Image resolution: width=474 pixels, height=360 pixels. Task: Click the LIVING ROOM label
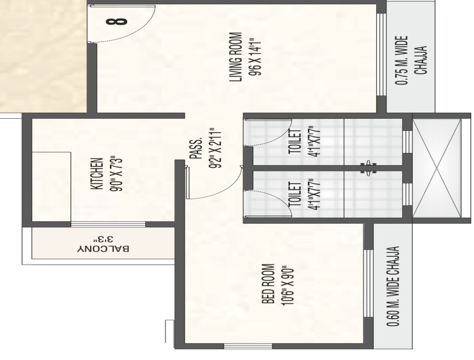point(236,57)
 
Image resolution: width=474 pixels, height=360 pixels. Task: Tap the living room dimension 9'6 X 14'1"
point(254,56)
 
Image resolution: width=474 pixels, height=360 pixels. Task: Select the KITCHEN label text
point(97,173)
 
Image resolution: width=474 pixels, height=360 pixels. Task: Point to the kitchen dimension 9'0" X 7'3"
point(116,173)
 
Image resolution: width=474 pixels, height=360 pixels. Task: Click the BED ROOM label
point(268,284)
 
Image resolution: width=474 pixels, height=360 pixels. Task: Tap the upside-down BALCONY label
point(103,249)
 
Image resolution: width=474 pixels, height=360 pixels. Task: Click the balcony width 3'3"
point(103,239)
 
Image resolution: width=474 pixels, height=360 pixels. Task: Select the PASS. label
point(195,148)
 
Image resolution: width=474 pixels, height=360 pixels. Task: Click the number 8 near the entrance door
point(116,22)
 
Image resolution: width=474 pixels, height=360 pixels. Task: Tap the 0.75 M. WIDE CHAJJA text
point(411,60)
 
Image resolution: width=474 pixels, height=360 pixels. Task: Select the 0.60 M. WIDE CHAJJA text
point(393,286)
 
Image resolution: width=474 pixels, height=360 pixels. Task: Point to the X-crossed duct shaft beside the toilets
point(437,168)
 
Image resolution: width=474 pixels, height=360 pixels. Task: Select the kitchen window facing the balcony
point(108,224)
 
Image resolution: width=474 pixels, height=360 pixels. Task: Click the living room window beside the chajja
point(382,55)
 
